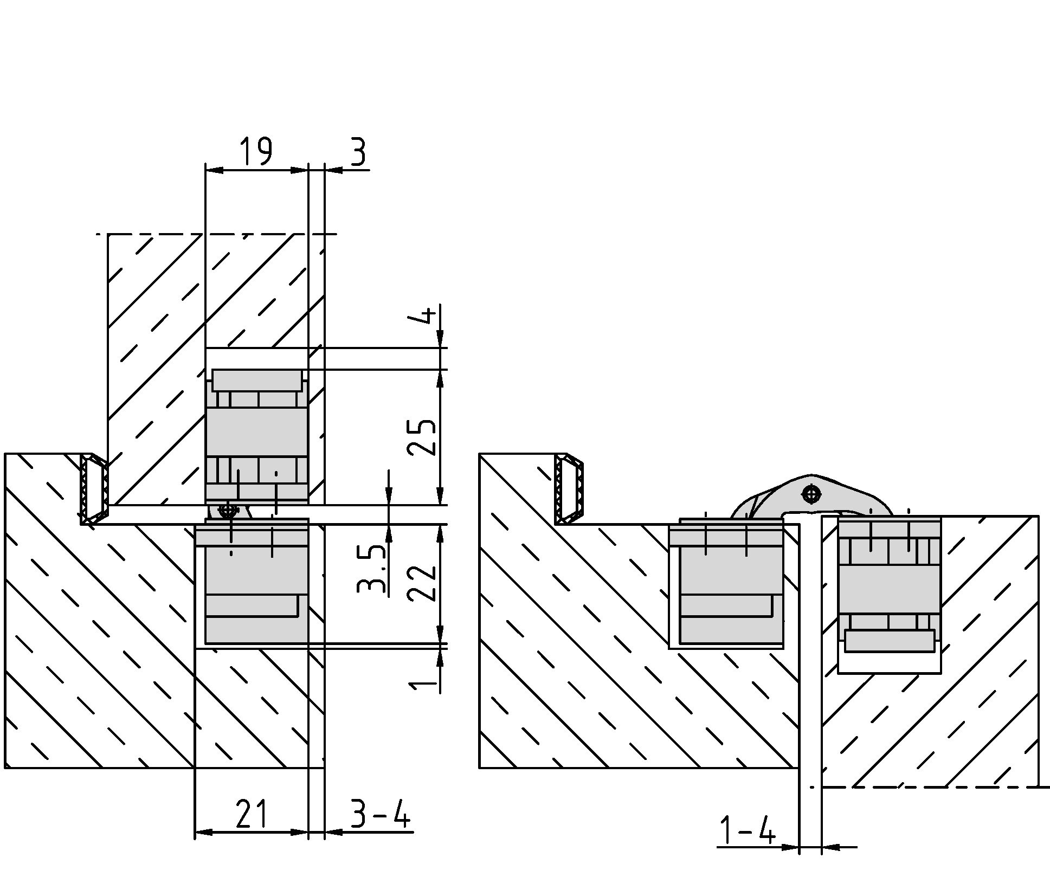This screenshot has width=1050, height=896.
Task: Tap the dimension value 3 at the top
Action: (358, 152)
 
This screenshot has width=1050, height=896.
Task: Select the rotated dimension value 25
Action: (421, 437)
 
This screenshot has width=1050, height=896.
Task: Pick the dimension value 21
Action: (252, 813)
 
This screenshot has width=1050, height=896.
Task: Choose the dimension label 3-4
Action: (380, 813)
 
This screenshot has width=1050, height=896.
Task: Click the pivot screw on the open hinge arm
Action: (811, 494)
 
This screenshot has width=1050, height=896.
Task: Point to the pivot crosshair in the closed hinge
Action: (228, 510)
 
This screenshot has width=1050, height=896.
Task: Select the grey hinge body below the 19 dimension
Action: (256, 437)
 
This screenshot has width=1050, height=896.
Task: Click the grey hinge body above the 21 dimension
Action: (252, 581)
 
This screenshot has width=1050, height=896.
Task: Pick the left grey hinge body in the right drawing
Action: (726, 582)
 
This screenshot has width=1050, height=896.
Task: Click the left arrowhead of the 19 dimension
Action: (214, 170)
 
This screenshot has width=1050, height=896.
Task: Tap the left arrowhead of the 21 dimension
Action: (204, 832)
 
